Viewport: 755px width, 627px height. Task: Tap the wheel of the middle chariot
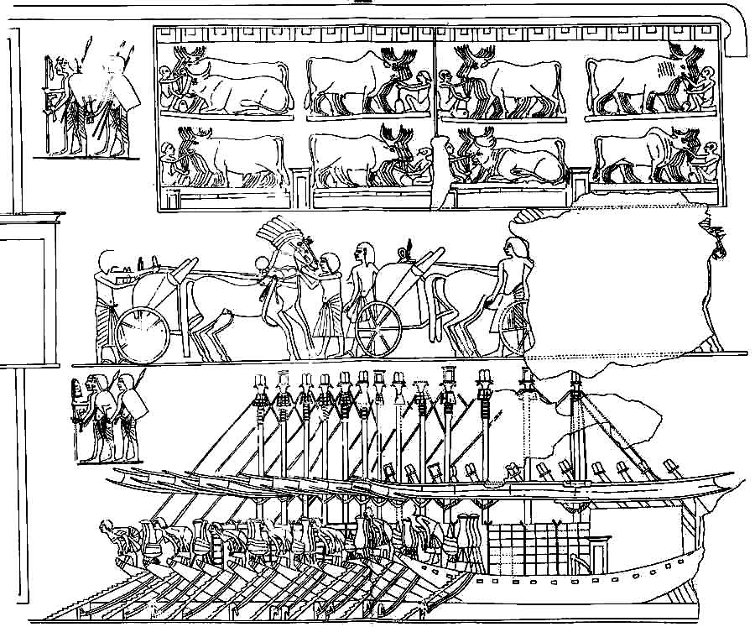(x=378, y=328)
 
